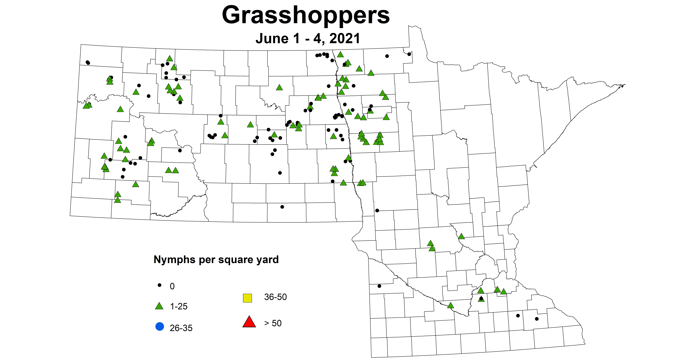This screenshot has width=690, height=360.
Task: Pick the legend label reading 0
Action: pyautogui.click(x=172, y=286)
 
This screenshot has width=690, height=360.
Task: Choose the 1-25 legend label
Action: pyautogui.click(x=179, y=306)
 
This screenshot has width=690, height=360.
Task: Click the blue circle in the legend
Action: pyautogui.click(x=160, y=327)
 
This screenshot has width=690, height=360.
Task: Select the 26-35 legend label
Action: pyautogui.click(x=181, y=328)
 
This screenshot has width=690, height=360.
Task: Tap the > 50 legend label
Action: pyautogui.click(x=273, y=323)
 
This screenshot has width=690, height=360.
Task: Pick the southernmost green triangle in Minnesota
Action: pyautogui.click(x=450, y=305)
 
